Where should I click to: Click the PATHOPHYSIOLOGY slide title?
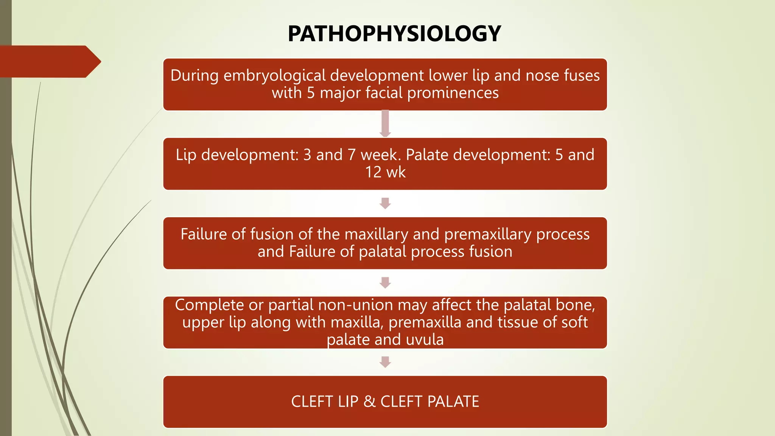(x=394, y=33)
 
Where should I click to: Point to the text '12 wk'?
(x=385, y=172)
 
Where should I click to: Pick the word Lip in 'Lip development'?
(x=186, y=155)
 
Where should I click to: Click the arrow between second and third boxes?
(x=385, y=203)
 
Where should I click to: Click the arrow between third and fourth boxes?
(x=385, y=283)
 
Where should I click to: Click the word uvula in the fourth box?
(x=425, y=339)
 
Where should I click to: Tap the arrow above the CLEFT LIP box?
(x=385, y=362)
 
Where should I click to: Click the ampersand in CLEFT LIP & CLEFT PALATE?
(x=369, y=402)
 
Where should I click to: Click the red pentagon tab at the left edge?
(x=49, y=62)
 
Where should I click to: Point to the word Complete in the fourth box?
(x=209, y=305)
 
